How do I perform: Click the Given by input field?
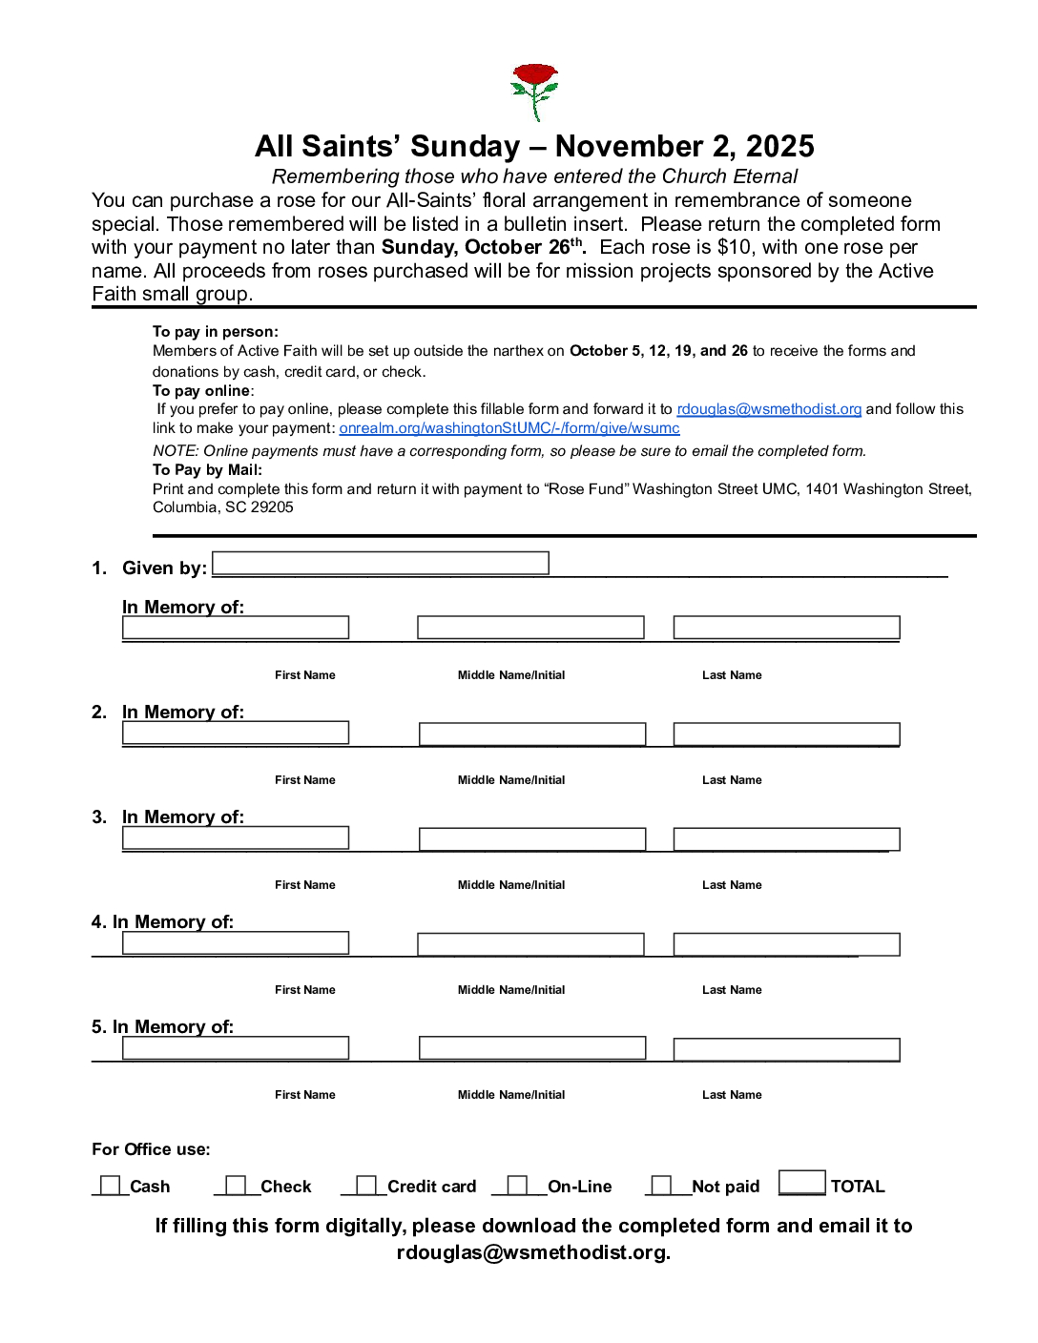coord(380,564)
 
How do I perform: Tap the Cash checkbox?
coord(111,1186)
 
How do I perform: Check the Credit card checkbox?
coord(365,1186)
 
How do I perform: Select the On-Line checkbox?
coord(517,1186)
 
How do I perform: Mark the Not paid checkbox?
coord(661,1186)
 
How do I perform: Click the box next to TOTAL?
coord(801,1183)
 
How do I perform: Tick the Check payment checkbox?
coord(236,1186)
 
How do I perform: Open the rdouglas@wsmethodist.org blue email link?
coord(769,409)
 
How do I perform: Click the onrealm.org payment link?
coord(509,428)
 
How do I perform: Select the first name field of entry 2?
coord(236,733)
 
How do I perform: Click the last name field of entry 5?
coord(786,1049)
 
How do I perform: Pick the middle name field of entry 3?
coord(532,839)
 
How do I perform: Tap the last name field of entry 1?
coord(786,628)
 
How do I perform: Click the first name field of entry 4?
coord(236,943)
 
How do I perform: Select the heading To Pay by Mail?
coord(207,470)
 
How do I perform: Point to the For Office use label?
coord(151,1149)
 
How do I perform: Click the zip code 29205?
coord(272,507)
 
